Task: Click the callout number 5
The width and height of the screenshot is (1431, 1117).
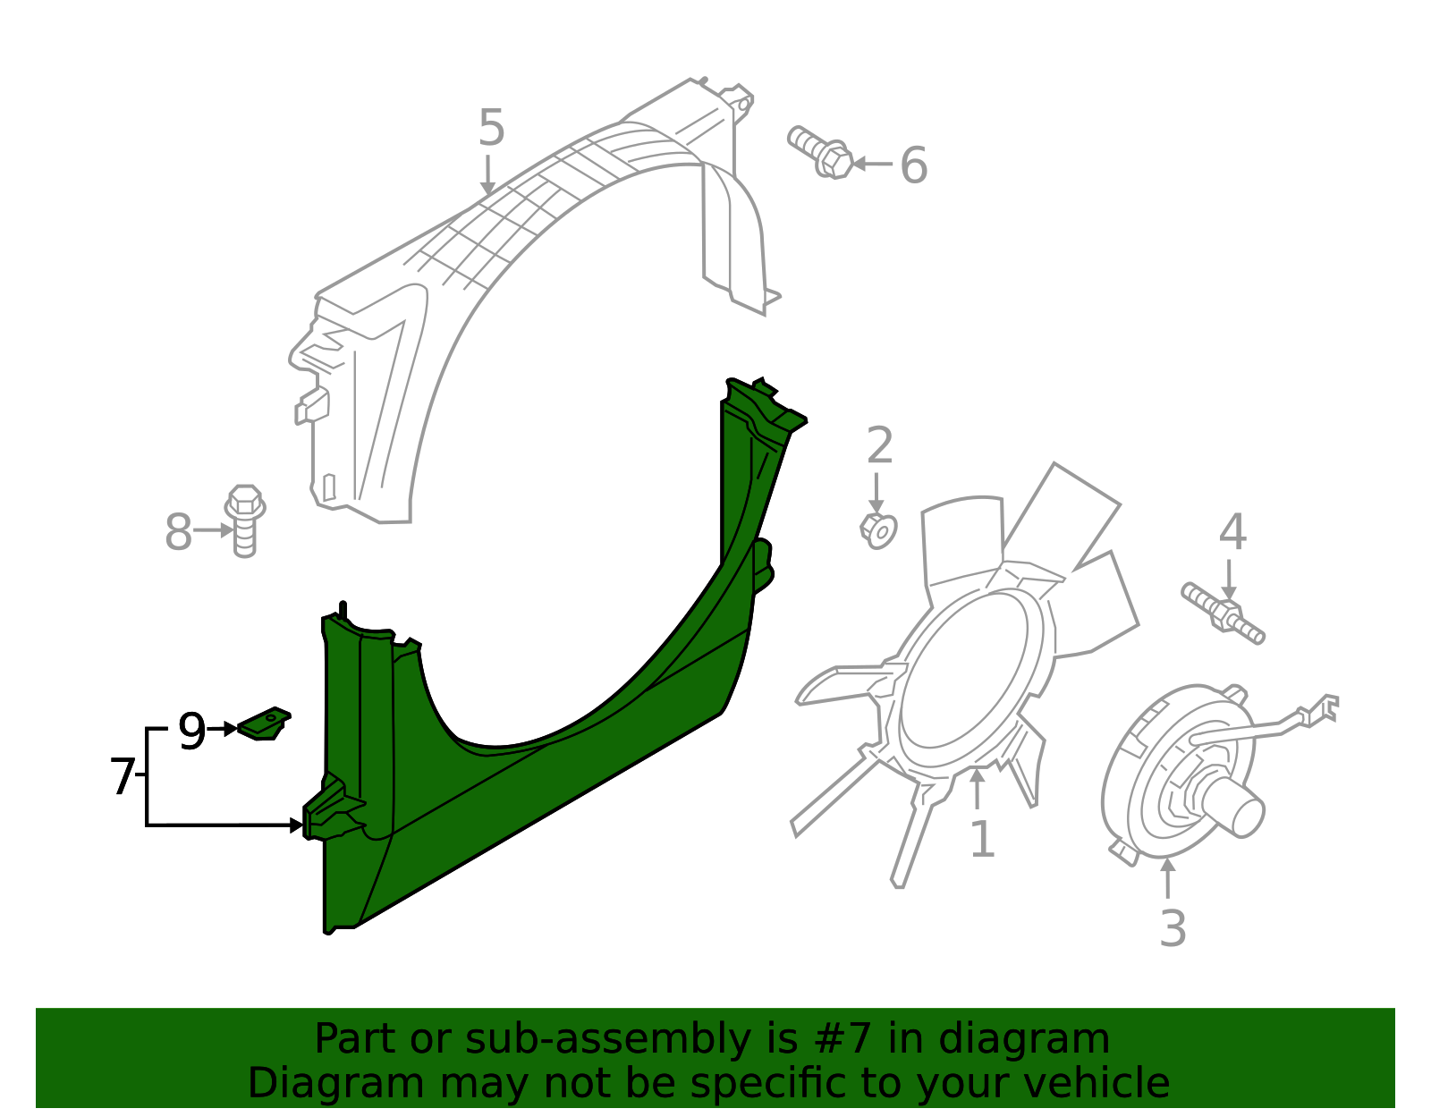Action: (x=491, y=128)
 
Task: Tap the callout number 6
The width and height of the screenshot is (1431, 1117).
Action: (x=913, y=166)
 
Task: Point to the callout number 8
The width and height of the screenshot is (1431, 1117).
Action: (x=178, y=533)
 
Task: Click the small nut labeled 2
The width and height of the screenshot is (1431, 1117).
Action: (x=878, y=530)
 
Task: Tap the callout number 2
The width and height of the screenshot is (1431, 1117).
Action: (x=879, y=446)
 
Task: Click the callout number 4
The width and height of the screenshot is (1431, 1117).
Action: (x=1232, y=533)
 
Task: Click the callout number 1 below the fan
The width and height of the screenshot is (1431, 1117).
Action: (x=982, y=840)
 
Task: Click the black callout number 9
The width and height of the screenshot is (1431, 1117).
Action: (x=191, y=732)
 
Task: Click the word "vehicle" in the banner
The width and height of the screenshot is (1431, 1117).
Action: (x=1097, y=1084)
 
